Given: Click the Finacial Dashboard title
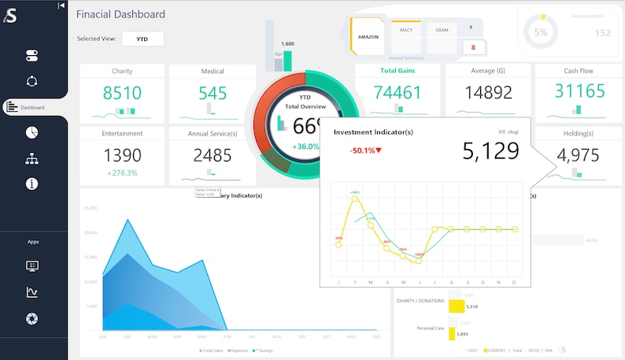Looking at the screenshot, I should click(120, 14).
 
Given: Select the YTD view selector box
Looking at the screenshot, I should click(142, 39).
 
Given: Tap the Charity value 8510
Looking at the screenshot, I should click(122, 93).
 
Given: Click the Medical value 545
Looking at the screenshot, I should click(212, 93).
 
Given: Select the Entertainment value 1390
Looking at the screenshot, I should click(122, 154).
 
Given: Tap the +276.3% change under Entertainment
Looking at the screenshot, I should click(122, 173).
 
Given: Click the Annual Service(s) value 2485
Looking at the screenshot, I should click(212, 154).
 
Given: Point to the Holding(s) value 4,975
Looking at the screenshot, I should click(579, 154).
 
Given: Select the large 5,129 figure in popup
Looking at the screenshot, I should click(490, 151).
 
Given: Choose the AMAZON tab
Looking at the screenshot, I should click(368, 36).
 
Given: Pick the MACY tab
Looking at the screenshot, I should click(406, 30).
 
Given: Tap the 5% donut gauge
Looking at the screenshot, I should click(541, 32).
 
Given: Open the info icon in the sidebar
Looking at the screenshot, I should click(31, 184).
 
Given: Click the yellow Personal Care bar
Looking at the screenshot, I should click(453, 334).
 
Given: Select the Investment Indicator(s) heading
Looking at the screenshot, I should click(373, 132).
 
